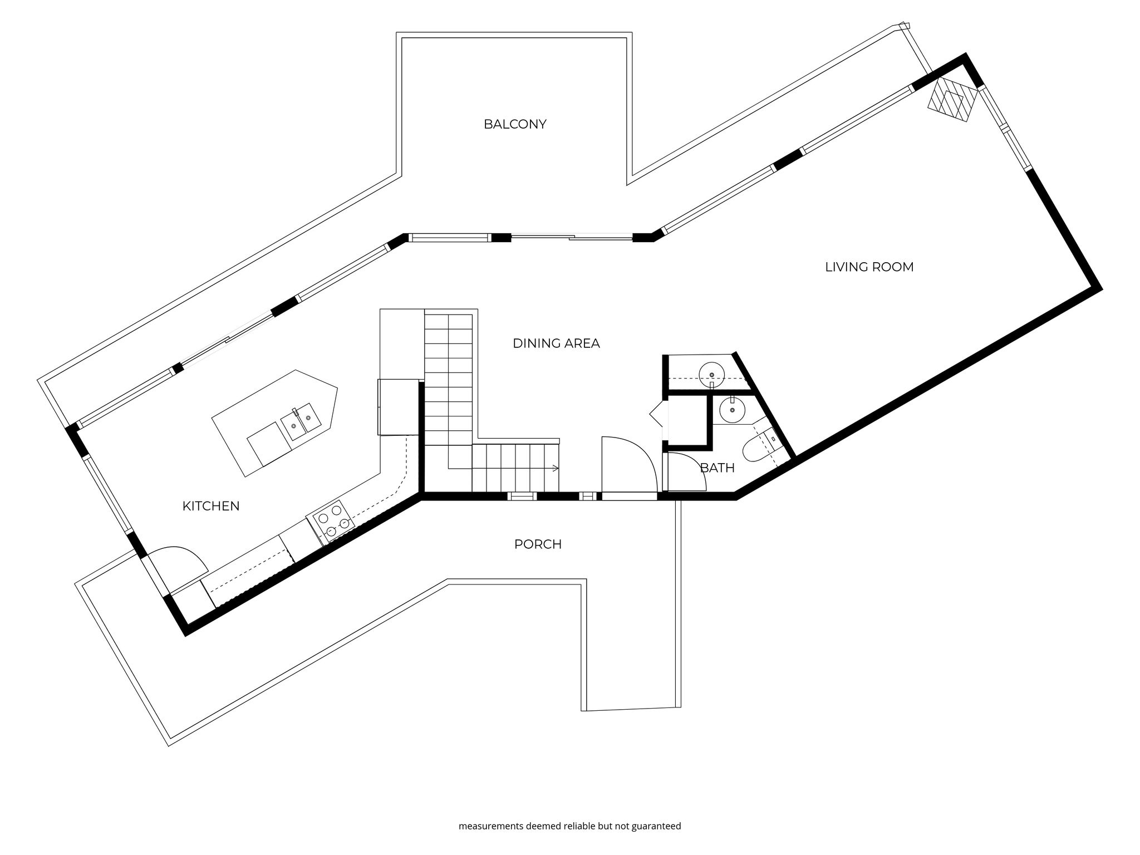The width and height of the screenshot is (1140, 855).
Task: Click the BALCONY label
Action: pos(515,124)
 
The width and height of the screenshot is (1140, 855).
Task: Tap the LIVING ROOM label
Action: pos(869,267)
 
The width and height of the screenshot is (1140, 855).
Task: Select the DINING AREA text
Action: pos(556,343)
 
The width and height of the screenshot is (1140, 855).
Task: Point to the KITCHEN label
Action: pos(211,506)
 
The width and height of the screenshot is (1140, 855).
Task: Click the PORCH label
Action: pos(538,544)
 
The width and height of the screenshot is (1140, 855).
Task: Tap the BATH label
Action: pos(717,468)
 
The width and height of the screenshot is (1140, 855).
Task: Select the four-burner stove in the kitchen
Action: pos(332,522)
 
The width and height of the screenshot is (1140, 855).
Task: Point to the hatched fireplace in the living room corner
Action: pos(952,100)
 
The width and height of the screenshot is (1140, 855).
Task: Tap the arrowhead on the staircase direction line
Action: pos(555,469)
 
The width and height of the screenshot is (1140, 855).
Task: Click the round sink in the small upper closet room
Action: pos(711,371)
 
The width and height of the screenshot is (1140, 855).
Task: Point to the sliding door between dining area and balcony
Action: pos(572,238)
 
